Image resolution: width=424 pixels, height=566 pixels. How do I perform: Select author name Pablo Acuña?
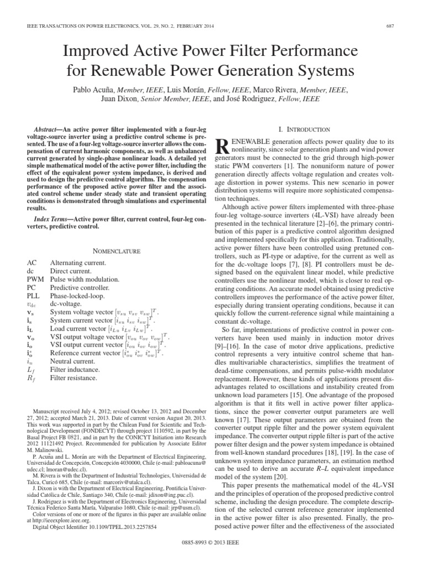[94, 89]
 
